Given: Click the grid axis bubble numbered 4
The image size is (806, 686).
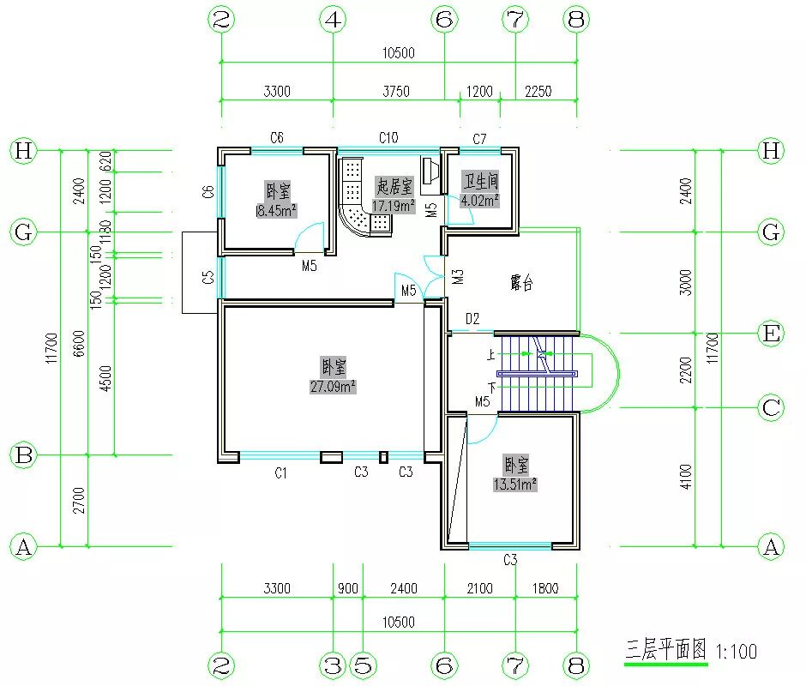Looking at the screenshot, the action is point(333,20).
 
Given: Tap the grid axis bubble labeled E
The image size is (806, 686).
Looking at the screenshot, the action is point(772,334).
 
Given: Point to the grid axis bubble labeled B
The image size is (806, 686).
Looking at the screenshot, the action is point(24,455).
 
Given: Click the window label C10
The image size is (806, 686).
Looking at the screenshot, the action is point(388,137).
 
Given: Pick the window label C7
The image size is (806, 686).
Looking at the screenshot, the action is point(479,138).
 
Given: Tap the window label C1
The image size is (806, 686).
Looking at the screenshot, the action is point(280,472).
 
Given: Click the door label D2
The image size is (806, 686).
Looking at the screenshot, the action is point(472,319).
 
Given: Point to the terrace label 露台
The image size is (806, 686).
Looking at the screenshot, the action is point(521,283).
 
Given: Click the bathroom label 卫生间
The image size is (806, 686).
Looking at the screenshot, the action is point(480,182).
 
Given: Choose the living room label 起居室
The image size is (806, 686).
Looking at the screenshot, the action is point(394,186).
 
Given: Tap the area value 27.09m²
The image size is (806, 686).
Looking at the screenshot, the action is point(333,387).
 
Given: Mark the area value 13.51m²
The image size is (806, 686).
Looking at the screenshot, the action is point(514,484).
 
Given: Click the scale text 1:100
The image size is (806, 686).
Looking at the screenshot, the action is point(736,652).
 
